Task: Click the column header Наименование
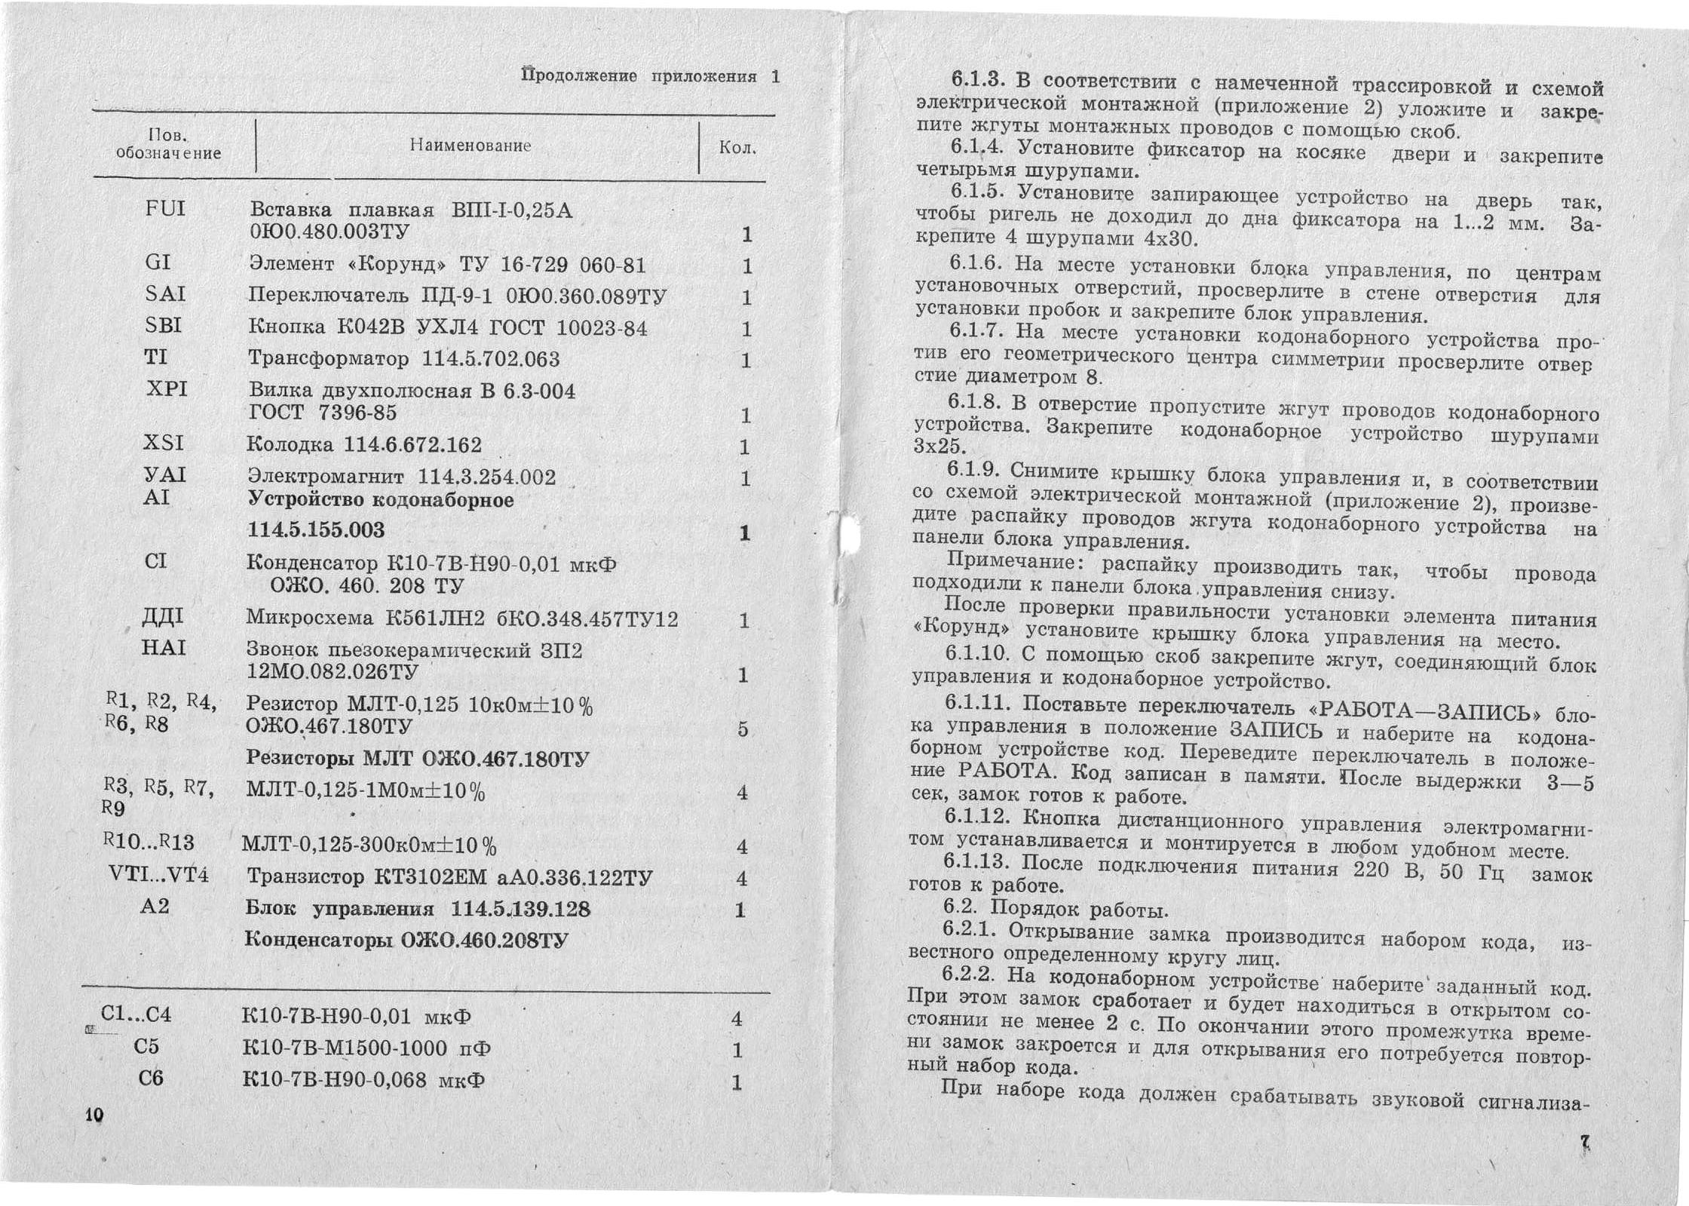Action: (x=471, y=145)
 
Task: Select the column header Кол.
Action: (x=737, y=148)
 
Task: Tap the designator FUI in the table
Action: (x=165, y=208)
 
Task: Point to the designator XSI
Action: (x=164, y=442)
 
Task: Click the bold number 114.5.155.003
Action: (x=316, y=529)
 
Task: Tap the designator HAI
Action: (x=163, y=648)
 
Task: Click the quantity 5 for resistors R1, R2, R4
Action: (x=743, y=729)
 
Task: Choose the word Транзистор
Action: (x=305, y=877)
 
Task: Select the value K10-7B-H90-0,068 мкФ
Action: (x=363, y=1080)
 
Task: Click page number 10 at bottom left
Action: (x=95, y=1115)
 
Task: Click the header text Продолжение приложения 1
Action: (x=651, y=76)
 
